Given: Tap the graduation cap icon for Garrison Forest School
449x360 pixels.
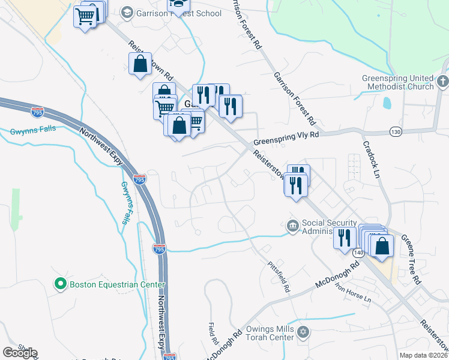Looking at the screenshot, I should pos(127,13).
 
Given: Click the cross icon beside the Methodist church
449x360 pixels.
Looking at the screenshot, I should pos(442,81).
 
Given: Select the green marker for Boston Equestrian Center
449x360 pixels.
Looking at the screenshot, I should pos(60,284).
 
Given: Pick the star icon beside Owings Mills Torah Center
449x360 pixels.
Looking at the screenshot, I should pos(303,332).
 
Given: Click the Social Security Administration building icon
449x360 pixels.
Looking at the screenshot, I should pos(292,226).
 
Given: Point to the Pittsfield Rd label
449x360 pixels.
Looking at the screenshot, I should pos(279,277).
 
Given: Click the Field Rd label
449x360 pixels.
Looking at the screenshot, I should pos(214,334).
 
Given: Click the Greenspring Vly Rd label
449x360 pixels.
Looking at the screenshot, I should pos(286,139).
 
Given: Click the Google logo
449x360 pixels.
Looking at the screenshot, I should pos(20,352).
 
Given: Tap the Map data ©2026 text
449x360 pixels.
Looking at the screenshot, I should pos(423,355).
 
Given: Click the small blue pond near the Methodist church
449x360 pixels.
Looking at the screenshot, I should pos(386,103).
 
